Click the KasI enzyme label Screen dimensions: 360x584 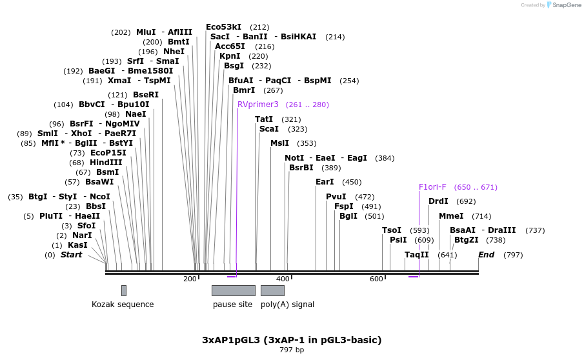click(x=77, y=245)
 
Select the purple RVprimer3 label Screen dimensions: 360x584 click(x=258, y=105)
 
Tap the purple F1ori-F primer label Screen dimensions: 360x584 click(x=432, y=187)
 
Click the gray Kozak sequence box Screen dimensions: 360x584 click(x=124, y=290)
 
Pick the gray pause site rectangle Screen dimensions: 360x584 click(x=233, y=290)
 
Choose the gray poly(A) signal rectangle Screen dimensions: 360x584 click(x=272, y=290)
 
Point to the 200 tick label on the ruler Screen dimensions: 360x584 click(x=190, y=279)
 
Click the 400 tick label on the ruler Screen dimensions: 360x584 click(x=283, y=279)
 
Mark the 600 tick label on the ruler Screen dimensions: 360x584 click(x=376, y=279)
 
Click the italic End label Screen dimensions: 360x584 click(x=486, y=255)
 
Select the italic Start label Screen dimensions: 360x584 click(x=72, y=255)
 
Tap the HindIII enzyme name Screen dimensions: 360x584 click(x=105, y=163)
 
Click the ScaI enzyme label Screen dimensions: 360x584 click(x=269, y=129)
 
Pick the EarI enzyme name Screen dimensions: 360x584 click(x=325, y=182)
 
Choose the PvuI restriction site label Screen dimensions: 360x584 click(x=336, y=197)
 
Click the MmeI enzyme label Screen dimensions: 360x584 click(x=451, y=216)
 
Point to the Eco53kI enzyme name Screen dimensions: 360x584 click(x=223, y=27)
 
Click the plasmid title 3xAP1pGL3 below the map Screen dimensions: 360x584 click(x=292, y=339)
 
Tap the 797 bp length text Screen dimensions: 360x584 click(x=292, y=350)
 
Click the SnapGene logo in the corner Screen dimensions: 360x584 click(x=563, y=5)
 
